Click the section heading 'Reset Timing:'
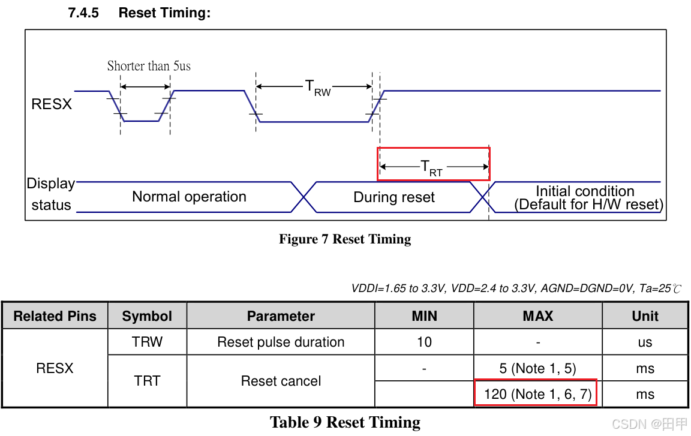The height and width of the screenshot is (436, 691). point(164,13)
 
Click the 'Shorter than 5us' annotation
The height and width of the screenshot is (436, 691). point(149,66)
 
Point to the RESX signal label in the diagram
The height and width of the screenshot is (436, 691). point(52,104)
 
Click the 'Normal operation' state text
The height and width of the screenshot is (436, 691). point(189,197)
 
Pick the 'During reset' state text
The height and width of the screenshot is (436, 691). point(394,197)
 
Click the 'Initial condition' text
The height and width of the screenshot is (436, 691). point(585,191)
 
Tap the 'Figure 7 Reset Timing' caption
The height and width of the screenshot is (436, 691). point(345,239)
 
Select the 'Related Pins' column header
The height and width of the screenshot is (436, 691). point(55,316)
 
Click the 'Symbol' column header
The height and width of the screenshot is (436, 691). point(147,316)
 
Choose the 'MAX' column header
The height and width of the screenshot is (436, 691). point(537,316)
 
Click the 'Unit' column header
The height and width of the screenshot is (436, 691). point(645,316)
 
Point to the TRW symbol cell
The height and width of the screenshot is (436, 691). point(147,342)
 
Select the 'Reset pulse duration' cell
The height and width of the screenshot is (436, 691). point(281,342)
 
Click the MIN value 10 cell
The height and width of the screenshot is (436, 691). point(424,342)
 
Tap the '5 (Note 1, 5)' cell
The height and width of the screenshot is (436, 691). point(537,368)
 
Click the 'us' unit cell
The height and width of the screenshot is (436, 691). point(645,342)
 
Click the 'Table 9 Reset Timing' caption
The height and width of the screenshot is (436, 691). point(345,422)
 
